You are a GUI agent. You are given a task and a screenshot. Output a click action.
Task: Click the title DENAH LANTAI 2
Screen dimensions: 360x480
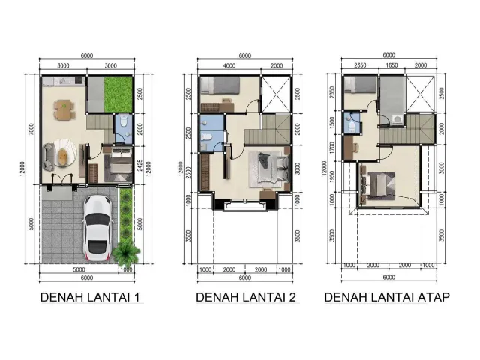click(246, 298)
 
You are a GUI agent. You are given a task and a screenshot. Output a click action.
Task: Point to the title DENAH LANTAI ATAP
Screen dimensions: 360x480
click(387, 298)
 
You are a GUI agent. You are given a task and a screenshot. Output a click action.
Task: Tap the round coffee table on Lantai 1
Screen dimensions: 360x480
click(65, 155)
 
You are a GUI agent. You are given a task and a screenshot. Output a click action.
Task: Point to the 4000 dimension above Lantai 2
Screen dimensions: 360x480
click(229, 66)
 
